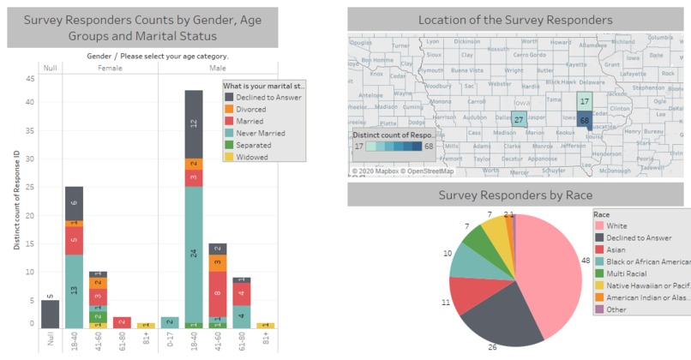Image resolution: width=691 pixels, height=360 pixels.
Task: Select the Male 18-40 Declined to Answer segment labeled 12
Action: point(193,123)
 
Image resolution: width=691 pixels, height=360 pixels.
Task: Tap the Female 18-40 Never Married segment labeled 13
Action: point(74,291)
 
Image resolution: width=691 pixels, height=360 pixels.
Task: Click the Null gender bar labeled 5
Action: point(50,314)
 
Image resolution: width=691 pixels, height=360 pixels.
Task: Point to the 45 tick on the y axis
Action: point(30,79)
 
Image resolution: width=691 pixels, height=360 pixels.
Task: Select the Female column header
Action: point(109,67)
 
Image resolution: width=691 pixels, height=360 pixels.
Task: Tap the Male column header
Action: point(217,67)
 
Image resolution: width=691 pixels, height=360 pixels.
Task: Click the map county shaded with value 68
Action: point(584,121)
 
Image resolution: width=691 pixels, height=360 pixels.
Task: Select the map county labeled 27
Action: point(519,120)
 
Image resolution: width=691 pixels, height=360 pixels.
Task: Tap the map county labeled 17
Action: point(584,101)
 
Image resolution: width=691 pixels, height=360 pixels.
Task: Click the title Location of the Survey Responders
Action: point(515,20)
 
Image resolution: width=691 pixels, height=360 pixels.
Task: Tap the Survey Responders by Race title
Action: point(515,195)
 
